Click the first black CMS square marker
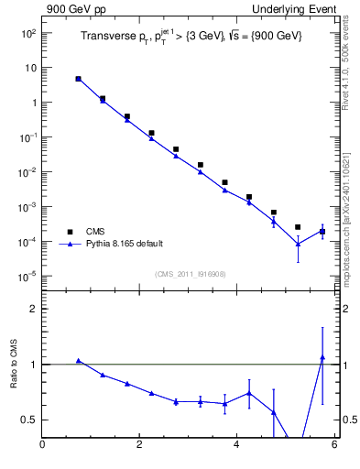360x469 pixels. pyautogui.click(x=79, y=79)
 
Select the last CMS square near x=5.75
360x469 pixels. pyautogui.click(x=322, y=232)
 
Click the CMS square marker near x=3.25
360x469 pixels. pyautogui.click(x=201, y=165)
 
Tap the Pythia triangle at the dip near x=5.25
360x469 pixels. pyautogui.click(x=298, y=244)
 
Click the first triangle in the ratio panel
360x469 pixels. pyautogui.click(x=79, y=361)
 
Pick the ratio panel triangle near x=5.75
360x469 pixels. pyautogui.click(x=322, y=357)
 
